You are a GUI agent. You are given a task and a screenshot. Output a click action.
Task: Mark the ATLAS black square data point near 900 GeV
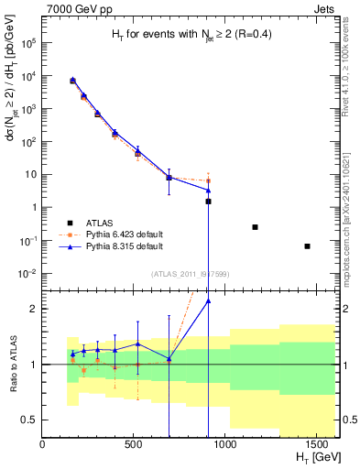click(209, 201)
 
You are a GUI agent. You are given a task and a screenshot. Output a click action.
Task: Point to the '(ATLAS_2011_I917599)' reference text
click(190, 273)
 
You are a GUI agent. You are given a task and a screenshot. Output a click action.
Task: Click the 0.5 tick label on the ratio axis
click(29, 420)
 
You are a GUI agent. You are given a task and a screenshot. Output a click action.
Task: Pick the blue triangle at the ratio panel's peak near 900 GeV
click(209, 300)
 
